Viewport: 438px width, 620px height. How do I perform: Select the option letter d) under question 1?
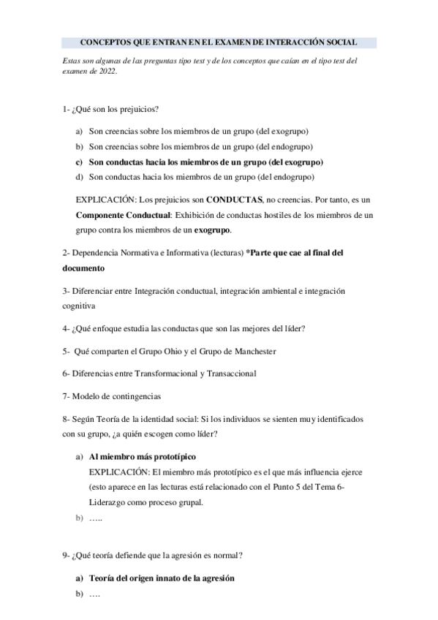[79, 177]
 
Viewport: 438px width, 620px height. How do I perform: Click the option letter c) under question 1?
[79, 162]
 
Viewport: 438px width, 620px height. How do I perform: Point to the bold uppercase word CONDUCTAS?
[235, 200]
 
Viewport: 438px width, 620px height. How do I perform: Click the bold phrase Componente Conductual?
[123, 215]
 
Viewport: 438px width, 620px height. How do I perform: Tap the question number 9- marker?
[67, 555]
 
